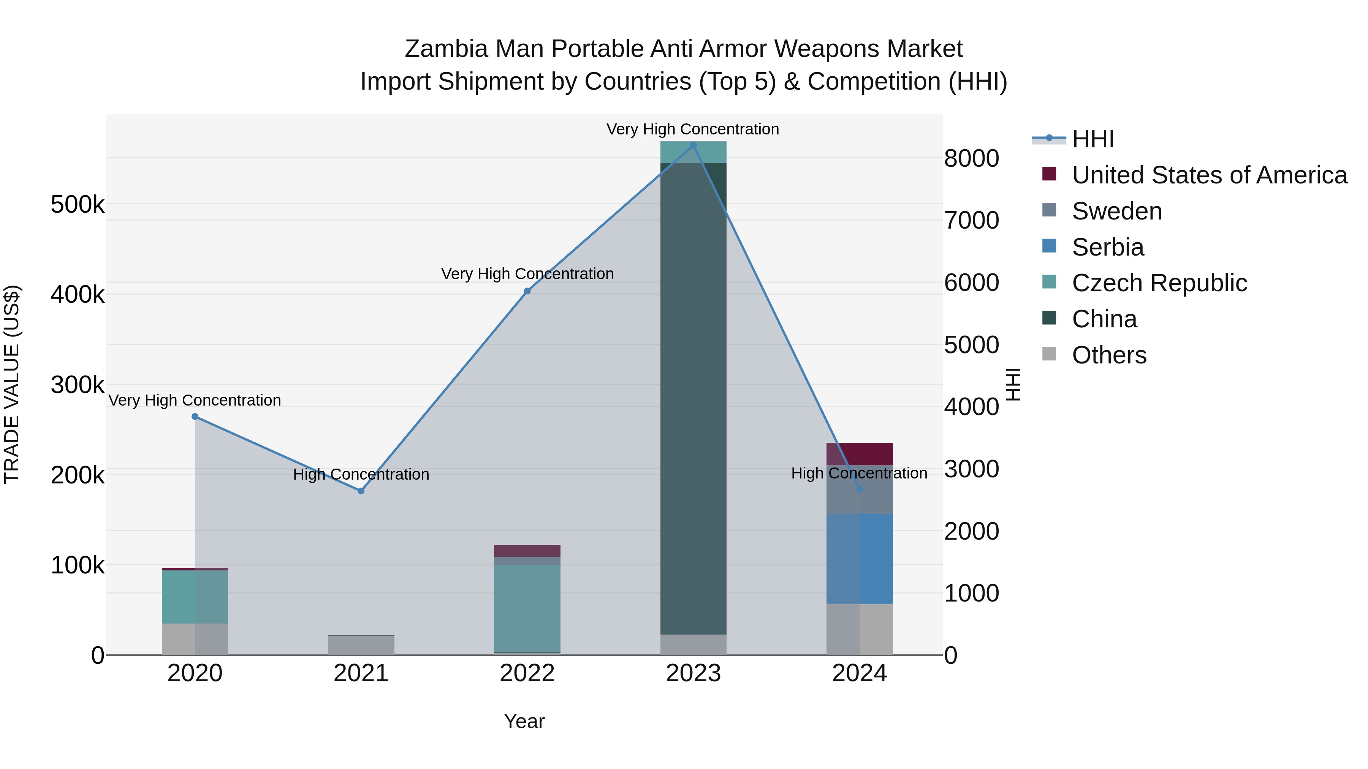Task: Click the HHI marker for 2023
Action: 693,145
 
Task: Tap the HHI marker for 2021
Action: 361,491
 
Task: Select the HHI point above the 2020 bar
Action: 195,417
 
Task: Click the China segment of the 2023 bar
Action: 693,398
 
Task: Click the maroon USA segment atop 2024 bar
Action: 859,454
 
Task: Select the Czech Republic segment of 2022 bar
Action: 527,608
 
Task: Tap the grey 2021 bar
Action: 361,645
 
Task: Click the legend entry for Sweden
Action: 1117,211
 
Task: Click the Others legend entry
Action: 1109,355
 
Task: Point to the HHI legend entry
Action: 1092,139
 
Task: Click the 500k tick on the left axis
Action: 78,204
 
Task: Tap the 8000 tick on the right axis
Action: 971,158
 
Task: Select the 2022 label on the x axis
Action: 527,673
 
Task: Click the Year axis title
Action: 524,721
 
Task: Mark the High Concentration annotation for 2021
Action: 361,474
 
